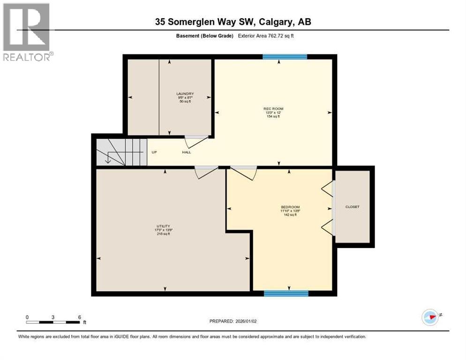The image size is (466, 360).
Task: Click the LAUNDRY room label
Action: [x=185, y=94]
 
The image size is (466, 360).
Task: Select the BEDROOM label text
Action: [x=290, y=207]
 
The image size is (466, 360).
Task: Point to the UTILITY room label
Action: [x=163, y=226]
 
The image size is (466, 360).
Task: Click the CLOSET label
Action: [x=352, y=207]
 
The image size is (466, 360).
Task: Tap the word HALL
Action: [x=187, y=152]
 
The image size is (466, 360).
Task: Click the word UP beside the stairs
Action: [x=154, y=152]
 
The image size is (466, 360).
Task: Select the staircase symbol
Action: [x=119, y=151]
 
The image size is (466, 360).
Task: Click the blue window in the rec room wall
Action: [x=285, y=57]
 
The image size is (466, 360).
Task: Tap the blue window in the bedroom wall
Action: [x=286, y=293]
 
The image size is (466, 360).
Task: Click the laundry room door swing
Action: [x=196, y=141]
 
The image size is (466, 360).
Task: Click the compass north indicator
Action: [x=430, y=317]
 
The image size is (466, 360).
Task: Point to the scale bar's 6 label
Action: [x=80, y=317]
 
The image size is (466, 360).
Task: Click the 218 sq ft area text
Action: [x=163, y=233]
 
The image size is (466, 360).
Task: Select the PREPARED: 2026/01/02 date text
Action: [x=233, y=321]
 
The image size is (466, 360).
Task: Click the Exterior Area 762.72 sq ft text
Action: [x=268, y=36]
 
